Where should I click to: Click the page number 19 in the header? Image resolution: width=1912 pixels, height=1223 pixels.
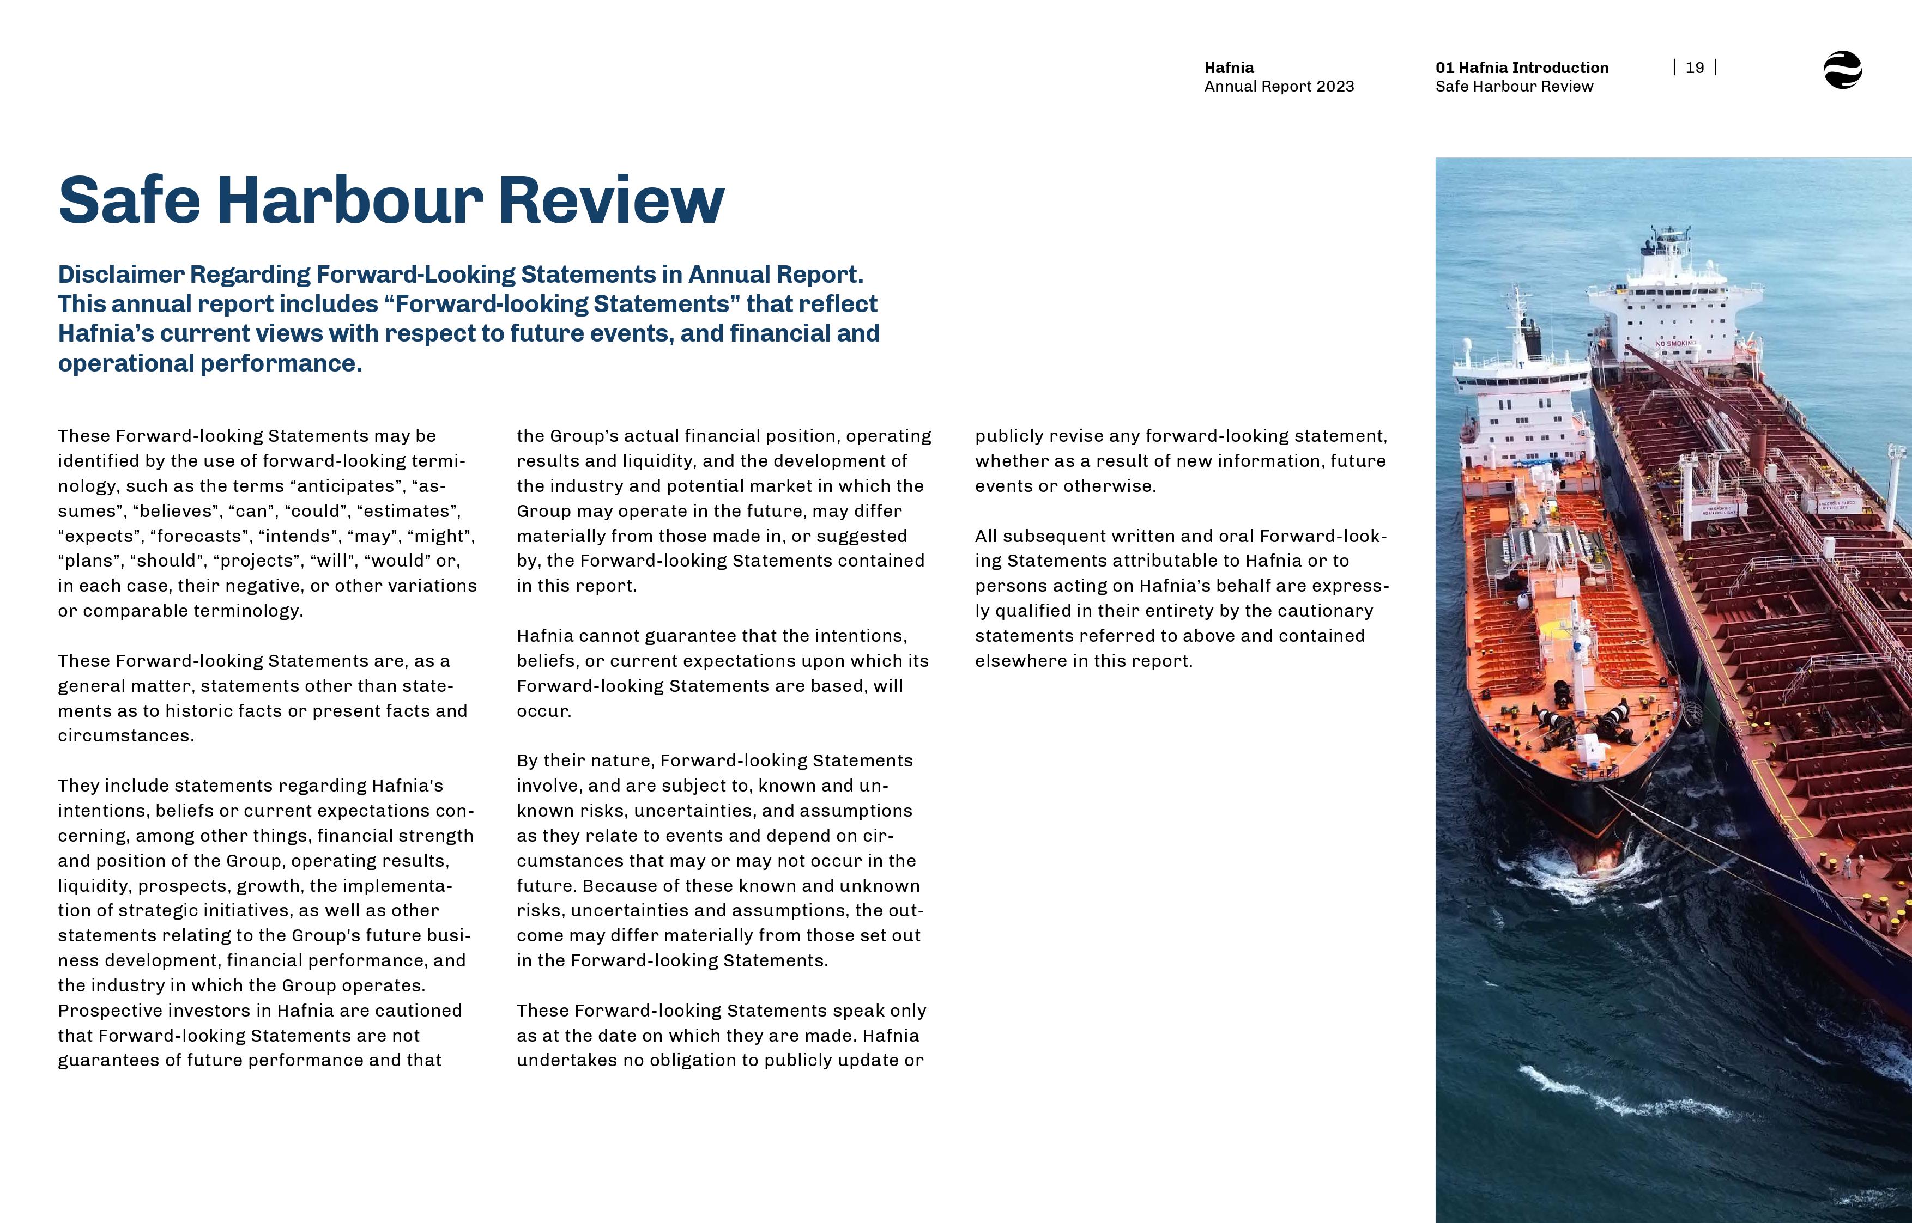click(1695, 68)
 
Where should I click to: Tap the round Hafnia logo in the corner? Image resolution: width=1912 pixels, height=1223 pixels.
click(1842, 70)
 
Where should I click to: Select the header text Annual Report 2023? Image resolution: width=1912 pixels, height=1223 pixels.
click(1279, 87)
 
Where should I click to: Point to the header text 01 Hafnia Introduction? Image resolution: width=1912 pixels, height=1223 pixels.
click(1521, 68)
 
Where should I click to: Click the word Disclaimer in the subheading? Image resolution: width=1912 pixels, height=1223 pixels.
click(121, 275)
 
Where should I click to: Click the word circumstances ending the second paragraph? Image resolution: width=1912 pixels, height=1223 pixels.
click(125, 735)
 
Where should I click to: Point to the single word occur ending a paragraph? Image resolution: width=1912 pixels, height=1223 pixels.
click(543, 711)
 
